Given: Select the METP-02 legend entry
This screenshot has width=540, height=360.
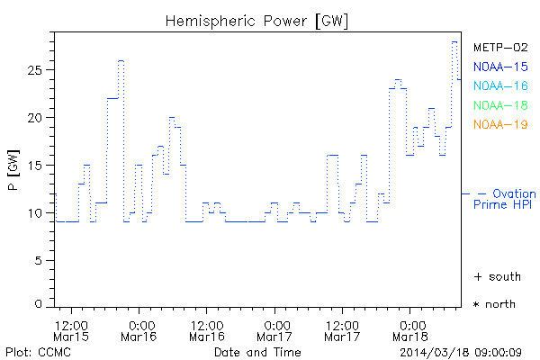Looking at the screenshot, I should [500, 48].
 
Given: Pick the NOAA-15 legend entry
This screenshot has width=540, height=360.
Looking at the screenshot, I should [500, 67].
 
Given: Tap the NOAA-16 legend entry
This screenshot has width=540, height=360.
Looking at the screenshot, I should [500, 86].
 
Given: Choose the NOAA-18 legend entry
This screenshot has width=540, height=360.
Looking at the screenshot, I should [500, 105].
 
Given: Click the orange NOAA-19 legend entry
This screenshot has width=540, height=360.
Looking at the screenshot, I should [500, 124].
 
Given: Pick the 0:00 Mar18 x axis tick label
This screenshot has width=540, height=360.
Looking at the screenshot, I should [410, 329].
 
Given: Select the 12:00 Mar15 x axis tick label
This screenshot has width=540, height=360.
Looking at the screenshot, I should [70, 329].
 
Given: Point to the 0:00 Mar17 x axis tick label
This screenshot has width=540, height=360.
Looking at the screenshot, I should [276, 329].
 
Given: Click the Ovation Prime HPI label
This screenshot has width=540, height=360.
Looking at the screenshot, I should [505, 199].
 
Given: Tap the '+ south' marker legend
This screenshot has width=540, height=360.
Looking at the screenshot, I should [494, 275].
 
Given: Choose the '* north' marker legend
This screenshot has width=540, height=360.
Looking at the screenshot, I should [494, 304].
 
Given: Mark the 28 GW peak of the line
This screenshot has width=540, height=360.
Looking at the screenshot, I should [454, 41].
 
